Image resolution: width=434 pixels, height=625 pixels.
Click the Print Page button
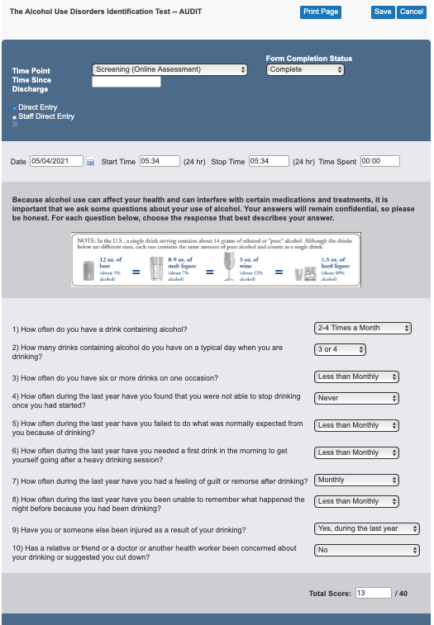click(x=320, y=12)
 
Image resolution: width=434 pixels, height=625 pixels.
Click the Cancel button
click(x=411, y=12)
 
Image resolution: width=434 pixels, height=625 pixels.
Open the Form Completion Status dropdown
click(x=305, y=70)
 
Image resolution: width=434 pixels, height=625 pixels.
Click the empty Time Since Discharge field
click(x=126, y=82)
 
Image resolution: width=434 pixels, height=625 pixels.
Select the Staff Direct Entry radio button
click(x=15, y=116)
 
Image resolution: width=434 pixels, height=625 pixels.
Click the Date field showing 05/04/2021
click(x=56, y=161)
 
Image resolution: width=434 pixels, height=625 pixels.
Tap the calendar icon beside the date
click(x=91, y=162)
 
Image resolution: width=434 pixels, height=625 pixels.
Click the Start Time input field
click(x=160, y=161)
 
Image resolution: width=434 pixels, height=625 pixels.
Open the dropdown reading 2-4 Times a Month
click(x=363, y=328)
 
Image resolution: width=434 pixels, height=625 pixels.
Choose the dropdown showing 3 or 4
click(x=340, y=349)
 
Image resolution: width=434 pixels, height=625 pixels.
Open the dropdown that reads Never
click(x=357, y=398)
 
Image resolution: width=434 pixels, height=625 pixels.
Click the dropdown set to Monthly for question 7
click(x=357, y=480)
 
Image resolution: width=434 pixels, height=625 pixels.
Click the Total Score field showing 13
click(x=373, y=593)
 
